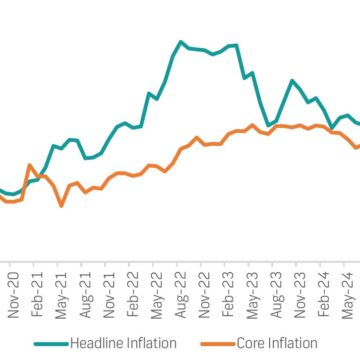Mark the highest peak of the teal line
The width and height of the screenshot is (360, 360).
point(182,42)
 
